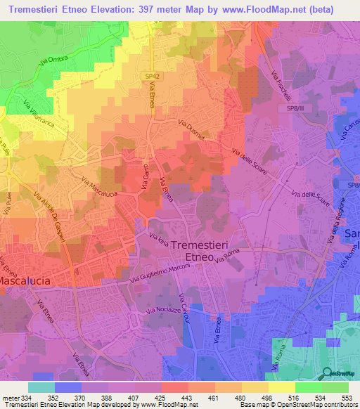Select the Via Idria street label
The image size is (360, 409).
[x=159, y=242]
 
